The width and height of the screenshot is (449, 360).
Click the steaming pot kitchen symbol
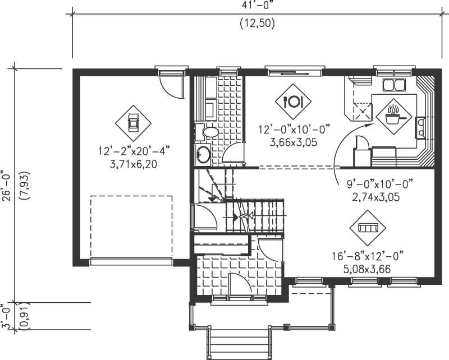pos(392,115)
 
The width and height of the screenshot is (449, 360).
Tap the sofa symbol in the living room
pos(368,228)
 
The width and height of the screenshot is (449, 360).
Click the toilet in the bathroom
pos(209,132)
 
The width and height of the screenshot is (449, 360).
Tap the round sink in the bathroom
pos(203,153)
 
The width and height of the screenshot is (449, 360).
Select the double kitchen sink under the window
pos(394,85)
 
